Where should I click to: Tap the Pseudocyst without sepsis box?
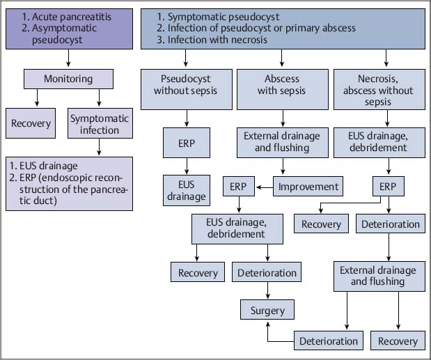tap(186, 85)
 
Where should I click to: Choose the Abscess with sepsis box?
tap(282, 85)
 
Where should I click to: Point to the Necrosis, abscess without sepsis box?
tap(378, 91)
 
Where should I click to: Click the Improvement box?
tap(308, 187)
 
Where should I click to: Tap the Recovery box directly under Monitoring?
tap(31, 124)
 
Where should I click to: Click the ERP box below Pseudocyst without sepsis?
tap(186, 143)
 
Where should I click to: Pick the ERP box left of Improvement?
tap(239, 187)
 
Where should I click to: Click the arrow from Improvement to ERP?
tap(264, 187)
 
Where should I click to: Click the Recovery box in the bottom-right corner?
tap(398, 341)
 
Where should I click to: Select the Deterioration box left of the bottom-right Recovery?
tap(329, 341)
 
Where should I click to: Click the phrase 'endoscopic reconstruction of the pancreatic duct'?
tap(76, 190)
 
